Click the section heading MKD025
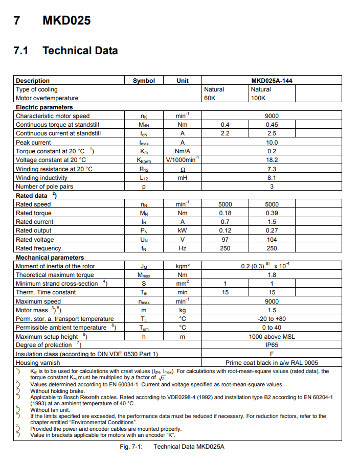point(66,21)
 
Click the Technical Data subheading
point(80,51)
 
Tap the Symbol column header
point(144,81)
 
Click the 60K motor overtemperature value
point(210,98)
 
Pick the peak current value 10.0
point(272,143)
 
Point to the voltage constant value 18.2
point(272,160)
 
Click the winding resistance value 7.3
point(272,169)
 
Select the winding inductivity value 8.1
point(272,178)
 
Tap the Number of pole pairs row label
point(44,187)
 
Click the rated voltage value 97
point(225,240)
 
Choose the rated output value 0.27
point(272,230)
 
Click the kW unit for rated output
point(182,230)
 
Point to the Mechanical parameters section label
point(50,258)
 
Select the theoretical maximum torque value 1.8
point(272,275)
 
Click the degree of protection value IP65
point(272,345)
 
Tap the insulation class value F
point(272,354)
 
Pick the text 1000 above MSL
point(272,337)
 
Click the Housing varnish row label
point(39,363)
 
